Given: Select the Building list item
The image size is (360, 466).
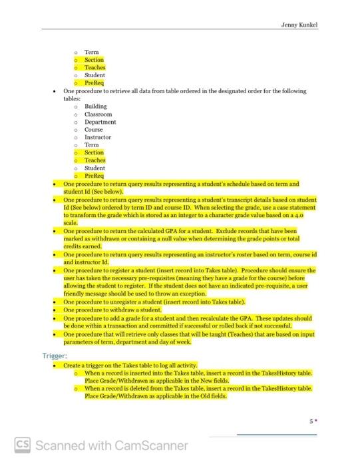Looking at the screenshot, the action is coord(95,107).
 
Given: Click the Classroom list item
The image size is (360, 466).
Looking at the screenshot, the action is coord(98,115).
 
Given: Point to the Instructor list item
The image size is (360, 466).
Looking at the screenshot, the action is coord(98,137).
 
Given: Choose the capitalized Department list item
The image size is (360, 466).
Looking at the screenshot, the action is coord(100,122).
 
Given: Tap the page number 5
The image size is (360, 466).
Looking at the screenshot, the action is coord(311,421).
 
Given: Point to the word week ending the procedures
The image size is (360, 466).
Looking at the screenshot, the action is coord(184,342).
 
